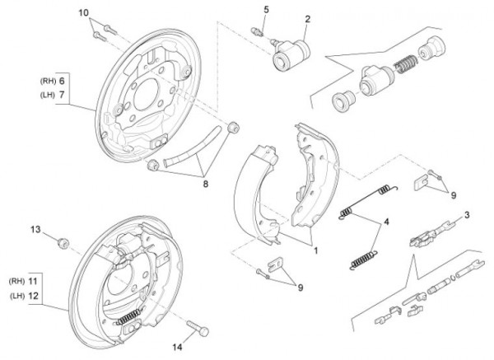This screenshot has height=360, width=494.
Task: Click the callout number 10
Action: (x=83, y=14)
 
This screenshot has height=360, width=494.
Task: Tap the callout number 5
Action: (x=266, y=9)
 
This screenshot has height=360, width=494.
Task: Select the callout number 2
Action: (x=308, y=19)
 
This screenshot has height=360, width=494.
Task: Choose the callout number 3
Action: (x=467, y=216)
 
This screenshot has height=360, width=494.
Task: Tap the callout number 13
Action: (x=35, y=228)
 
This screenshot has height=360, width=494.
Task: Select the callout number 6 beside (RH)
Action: (x=60, y=81)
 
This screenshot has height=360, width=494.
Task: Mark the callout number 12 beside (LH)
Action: (x=57, y=295)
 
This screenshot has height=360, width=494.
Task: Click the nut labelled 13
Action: (x=63, y=242)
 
